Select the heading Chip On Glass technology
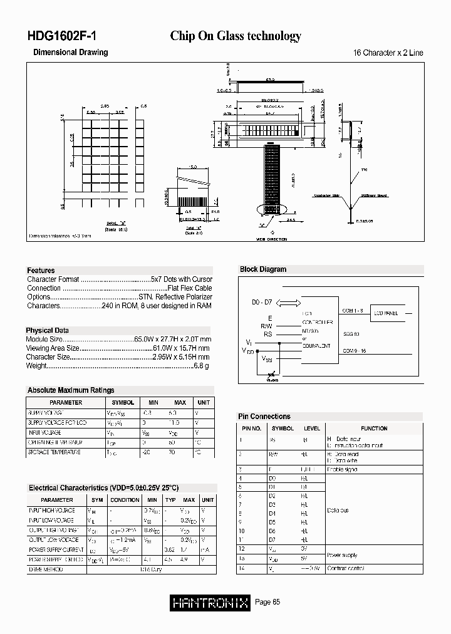tap(236, 36)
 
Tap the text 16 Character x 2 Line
tap(388, 53)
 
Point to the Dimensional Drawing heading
tap(70, 53)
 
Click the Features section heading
tap(41, 270)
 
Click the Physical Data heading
tap(47, 330)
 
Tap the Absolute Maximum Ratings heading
tap(71, 390)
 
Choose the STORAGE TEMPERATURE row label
tap(54, 452)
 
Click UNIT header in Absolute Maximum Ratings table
tap(204, 403)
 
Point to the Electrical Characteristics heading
tap(103, 488)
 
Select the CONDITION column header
tap(125, 500)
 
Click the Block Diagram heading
tap(263, 269)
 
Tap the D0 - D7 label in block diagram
tap(262, 303)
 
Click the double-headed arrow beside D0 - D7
tap(288, 303)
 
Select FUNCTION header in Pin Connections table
tap(374, 429)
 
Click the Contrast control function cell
tap(345, 568)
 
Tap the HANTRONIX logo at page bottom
tap(210, 603)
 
